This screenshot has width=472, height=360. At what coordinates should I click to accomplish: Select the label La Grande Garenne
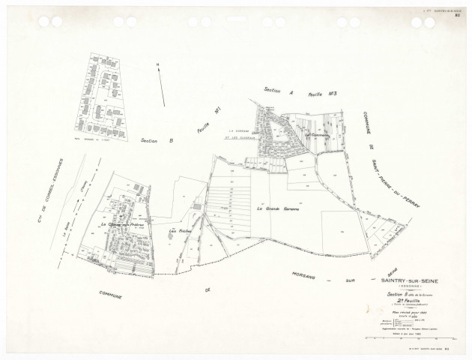[276, 207]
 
